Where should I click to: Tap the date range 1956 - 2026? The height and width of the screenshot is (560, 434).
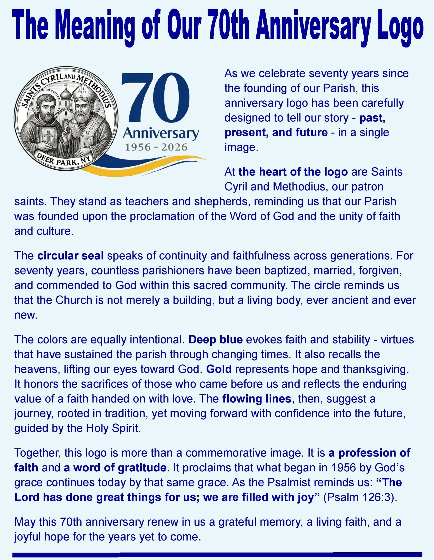click(156, 147)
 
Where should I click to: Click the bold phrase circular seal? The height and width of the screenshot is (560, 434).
click(70, 256)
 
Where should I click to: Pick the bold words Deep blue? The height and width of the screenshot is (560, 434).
click(216, 340)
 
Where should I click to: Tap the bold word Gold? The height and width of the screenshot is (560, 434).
click(219, 369)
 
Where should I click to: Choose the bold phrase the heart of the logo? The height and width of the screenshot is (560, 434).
click(293, 172)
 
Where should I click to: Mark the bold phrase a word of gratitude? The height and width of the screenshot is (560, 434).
click(115, 468)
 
